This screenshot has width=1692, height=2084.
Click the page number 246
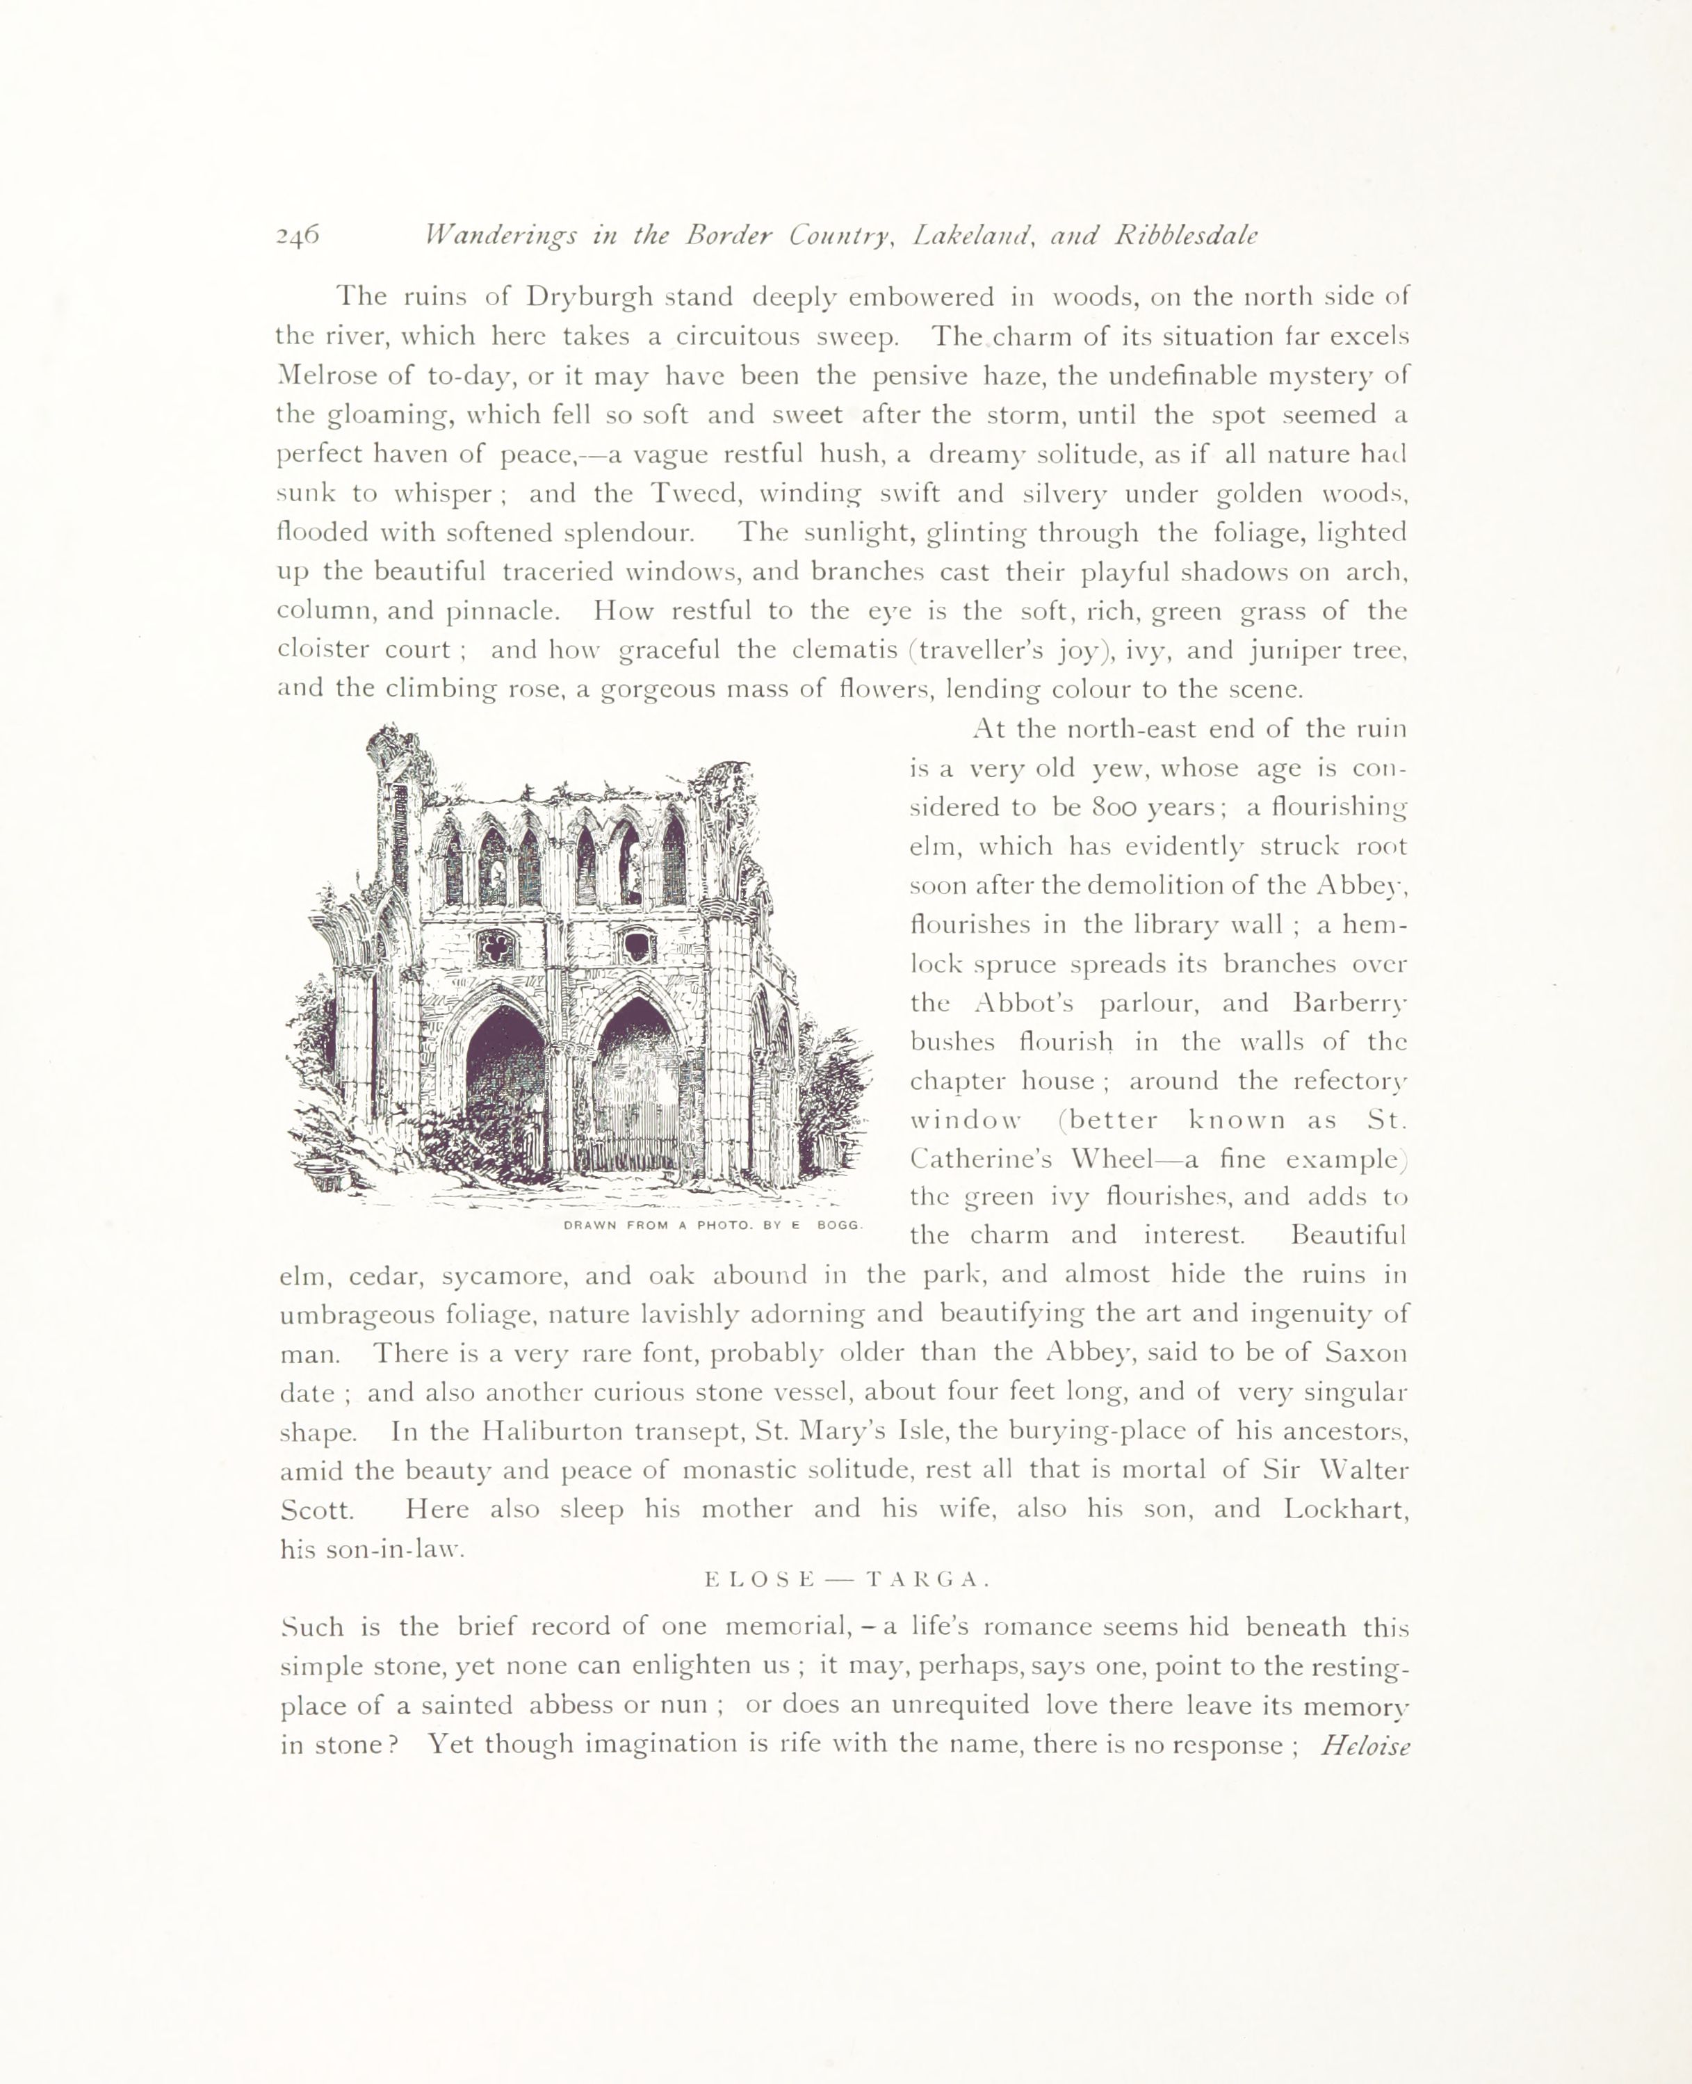point(298,236)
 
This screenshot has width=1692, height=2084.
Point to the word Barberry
point(1351,1003)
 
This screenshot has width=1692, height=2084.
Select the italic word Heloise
point(1365,1745)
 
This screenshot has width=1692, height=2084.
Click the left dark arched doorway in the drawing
point(505,1082)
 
